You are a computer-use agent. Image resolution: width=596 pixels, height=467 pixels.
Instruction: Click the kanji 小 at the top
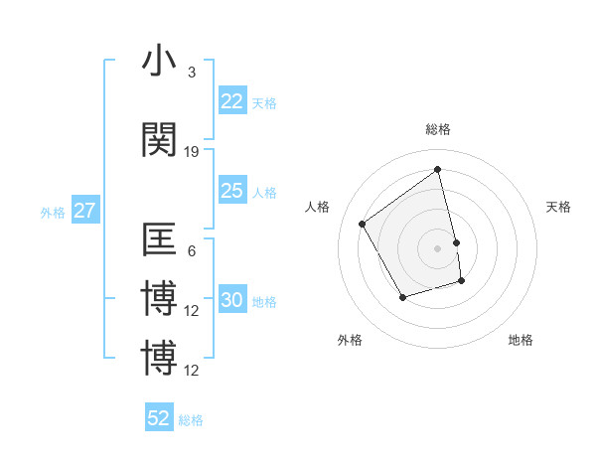[x=159, y=61]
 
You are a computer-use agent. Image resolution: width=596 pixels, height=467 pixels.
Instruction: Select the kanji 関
[x=159, y=140]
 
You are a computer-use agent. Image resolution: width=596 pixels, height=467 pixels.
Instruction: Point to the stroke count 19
[x=192, y=152]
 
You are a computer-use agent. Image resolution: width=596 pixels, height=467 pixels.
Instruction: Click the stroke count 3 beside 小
[x=192, y=73]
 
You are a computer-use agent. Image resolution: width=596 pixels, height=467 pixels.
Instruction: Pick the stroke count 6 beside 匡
[x=192, y=251]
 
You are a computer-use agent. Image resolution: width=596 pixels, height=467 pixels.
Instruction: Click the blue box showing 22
[x=232, y=101]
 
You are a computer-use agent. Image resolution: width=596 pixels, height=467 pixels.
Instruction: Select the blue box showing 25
[x=232, y=191]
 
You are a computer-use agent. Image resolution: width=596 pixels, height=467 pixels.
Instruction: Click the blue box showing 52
[x=159, y=418]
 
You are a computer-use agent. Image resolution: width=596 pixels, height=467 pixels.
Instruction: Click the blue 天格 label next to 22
[x=264, y=102]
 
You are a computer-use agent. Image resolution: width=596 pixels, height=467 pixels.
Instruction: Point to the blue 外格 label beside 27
[x=53, y=212]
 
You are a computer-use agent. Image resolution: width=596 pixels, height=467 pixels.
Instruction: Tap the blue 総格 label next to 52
[x=191, y=419]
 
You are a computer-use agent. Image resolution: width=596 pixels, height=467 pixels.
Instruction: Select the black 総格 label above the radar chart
[x=438, y=129]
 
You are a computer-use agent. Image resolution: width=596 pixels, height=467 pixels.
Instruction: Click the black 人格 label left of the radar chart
[x=318, y=207]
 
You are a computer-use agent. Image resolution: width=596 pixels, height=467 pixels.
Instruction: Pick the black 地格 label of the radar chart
[x=521, y=340]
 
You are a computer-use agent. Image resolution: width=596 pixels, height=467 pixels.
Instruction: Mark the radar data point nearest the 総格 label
[x=438, y=170]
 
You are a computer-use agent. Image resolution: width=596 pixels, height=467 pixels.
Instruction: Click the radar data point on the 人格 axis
[x=363, y=224]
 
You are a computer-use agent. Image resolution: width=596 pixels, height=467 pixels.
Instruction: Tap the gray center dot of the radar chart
[x=438, y=247]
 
